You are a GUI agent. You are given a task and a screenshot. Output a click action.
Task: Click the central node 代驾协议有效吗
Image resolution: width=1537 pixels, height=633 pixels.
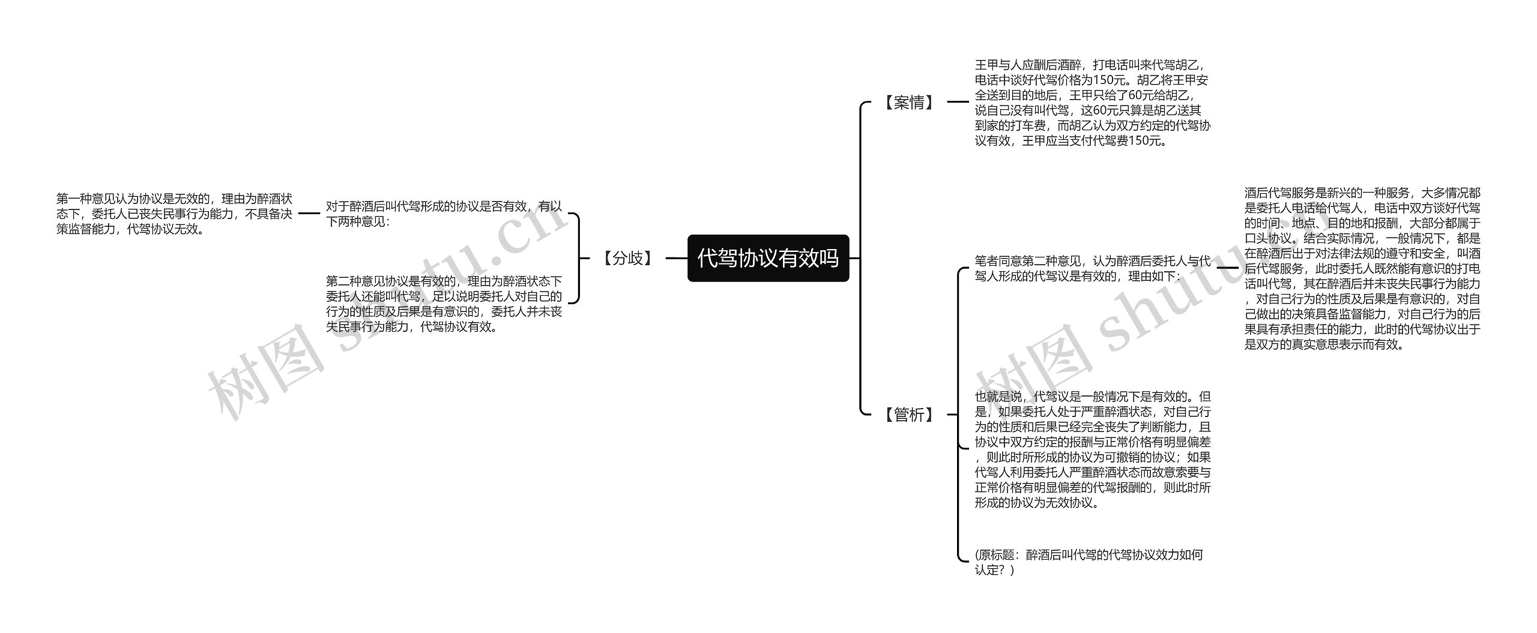click(x=768, y=258)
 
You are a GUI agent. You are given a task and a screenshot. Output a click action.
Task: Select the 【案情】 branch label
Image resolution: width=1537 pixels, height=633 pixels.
click(x=910, y=103)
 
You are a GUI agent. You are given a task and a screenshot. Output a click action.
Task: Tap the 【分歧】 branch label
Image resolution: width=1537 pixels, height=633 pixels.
click(x=627, y=259)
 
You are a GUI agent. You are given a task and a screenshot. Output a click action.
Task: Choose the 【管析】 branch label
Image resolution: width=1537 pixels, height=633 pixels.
click(x=910, y=415)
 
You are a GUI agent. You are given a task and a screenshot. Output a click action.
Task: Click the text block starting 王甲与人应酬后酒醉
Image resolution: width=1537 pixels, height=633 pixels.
click(x=1092, y=103)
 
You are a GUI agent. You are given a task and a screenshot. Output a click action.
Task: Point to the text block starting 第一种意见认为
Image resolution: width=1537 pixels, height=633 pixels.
click(x=174, y=214)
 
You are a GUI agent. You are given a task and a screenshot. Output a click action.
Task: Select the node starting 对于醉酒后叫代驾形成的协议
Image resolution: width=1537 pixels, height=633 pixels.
click(x=444, y=214)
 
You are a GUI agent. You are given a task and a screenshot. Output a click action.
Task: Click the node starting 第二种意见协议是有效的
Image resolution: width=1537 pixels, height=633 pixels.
click(x=444, y=304)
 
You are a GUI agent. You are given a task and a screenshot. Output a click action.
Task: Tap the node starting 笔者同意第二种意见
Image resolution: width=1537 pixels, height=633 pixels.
click(x=1092, y=268)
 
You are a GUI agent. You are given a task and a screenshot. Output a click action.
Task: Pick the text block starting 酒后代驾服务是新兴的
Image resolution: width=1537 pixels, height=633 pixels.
click(x=1362, y=268)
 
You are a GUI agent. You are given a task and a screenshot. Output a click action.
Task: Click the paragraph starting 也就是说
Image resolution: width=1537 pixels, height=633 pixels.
click(x=1092, y=449)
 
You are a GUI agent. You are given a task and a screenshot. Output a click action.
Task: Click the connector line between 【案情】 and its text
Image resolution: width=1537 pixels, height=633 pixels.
click(x=958, y=103)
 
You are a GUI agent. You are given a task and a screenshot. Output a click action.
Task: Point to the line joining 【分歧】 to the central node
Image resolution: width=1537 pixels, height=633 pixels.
click(x=677, y=259)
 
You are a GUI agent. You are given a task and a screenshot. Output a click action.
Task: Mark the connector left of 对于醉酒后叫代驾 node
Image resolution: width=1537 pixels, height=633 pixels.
click(x=309, y=213)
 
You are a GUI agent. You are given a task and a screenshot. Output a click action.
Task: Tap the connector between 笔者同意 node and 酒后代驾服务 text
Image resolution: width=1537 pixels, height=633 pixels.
click(x=1227, y=268)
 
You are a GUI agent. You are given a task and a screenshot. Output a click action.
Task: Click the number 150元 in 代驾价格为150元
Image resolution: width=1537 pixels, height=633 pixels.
click(x=1111, y=80)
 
